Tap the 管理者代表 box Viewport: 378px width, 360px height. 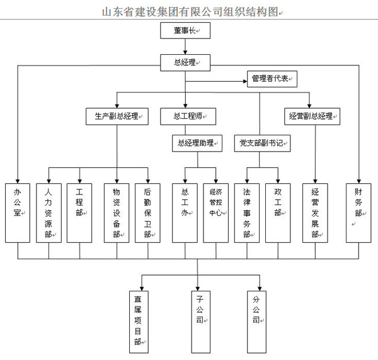[x=271, y=79]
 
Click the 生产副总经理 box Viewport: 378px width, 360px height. [x=117, y=116]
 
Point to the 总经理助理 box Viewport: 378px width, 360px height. [x=197, y=144]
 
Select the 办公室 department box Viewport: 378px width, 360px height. [x=18, y=212]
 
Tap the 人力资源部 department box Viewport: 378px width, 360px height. [x=49, y=212]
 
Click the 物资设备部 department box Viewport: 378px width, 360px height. [x=117, y=212]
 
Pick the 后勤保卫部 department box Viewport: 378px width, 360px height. [x=147, y=212]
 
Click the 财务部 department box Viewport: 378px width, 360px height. [x=358, y=212]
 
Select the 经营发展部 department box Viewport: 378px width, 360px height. [x=314, y=212]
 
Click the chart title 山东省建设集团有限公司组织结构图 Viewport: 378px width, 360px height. [x=189, y=11]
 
